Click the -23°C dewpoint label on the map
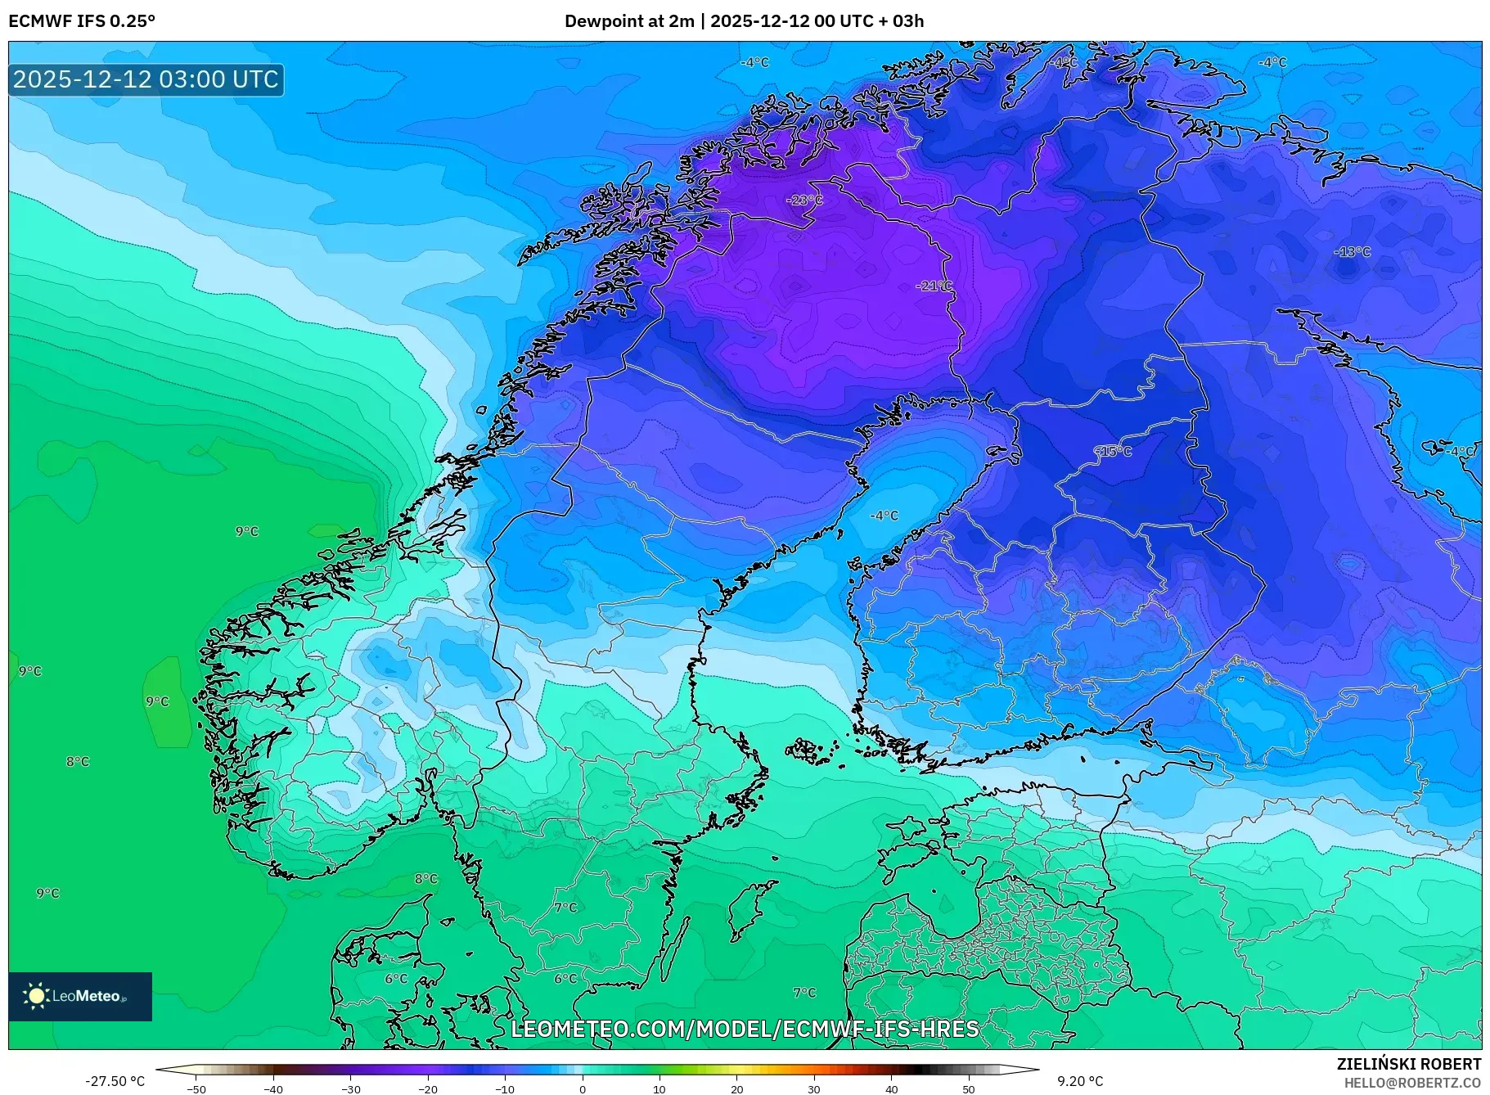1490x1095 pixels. coord(804,201)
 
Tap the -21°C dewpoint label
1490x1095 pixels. coord(934,286)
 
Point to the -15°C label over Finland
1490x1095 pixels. coord(1113,452)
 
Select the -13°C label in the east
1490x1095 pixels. coord(1352,252)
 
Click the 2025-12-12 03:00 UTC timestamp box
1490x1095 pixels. coord(146,79)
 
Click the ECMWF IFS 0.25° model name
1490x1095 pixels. coord(82,21)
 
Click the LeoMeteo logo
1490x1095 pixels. coord(80,996)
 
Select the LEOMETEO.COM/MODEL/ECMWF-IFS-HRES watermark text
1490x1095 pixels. coord(745,1029)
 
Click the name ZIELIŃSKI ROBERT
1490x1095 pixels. coord(1408,1064)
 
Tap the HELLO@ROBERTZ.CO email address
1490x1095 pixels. coord(1412,1083)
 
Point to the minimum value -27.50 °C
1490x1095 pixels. coord(115,1081)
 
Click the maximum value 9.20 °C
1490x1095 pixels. coord(1079,1081)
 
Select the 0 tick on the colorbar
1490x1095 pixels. coord(583,1089)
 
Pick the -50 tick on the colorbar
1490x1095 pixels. coord(196,1089)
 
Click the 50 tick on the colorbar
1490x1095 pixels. coord(969,1089)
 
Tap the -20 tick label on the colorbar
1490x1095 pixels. coord(427,1089)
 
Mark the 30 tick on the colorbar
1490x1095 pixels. coord(814,1089)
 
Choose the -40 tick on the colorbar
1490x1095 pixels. coord(273,1089)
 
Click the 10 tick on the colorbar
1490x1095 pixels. coord(659,1089)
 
